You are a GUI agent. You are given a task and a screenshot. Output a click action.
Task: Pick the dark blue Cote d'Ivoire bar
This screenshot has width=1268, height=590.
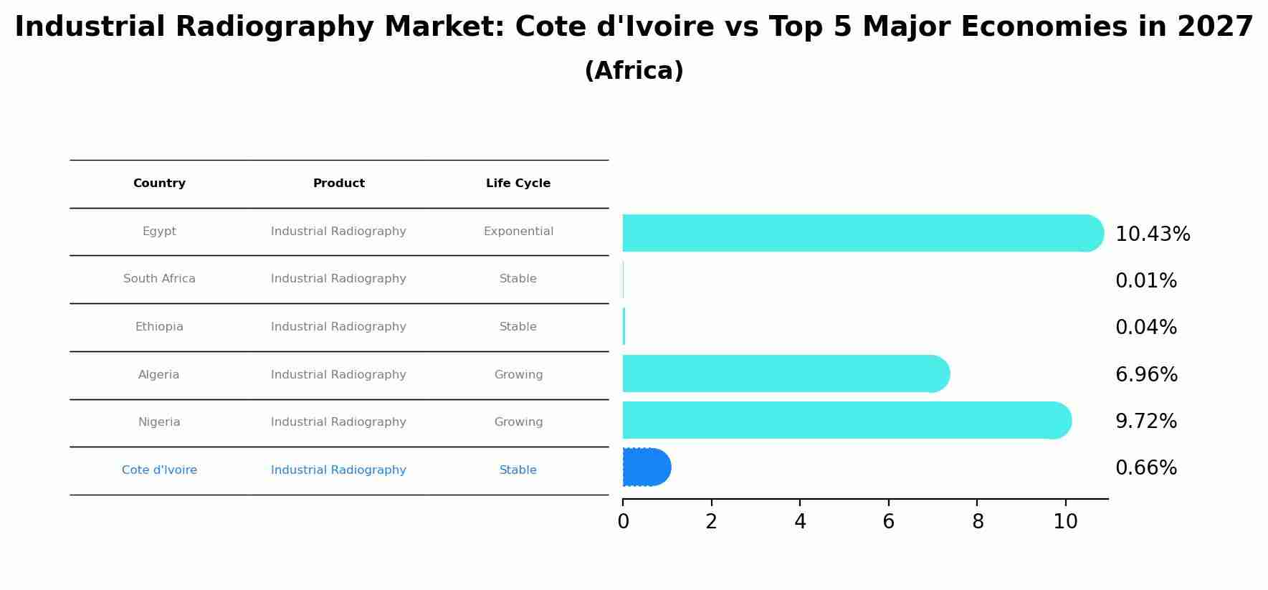click(x=646, y=467)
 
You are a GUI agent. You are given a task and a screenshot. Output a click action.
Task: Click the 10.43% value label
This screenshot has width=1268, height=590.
click(x=1152, y=234)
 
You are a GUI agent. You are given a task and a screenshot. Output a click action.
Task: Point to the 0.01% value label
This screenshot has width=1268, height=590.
click(x=1145, y=281)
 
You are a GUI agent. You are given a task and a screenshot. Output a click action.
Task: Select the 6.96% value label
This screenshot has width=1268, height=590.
click(x=1145, y=374)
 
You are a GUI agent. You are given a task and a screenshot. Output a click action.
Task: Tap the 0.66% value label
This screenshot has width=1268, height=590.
click(x=1145, y=468)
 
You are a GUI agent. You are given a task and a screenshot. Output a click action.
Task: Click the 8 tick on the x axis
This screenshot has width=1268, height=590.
click(x=977, y=522)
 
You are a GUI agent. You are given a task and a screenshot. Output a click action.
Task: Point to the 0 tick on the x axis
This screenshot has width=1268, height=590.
click(x=623, y=522)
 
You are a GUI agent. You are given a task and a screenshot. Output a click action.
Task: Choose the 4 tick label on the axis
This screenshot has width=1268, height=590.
click(x=800, y=522)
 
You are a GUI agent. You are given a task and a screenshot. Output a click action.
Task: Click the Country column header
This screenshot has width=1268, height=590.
click(x=159, y=184)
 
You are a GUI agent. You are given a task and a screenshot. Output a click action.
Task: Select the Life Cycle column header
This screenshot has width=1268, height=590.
click(x=518, y=184)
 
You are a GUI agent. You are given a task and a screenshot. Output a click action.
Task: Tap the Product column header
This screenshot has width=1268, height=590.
click(x=338, y=184)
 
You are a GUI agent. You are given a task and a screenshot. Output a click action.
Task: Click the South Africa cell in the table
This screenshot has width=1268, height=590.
click(x=159, y=279)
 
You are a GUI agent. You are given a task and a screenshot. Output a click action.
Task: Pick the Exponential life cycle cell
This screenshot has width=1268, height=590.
click(x=518, y=232)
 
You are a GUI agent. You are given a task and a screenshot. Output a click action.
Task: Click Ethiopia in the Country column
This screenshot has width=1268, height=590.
click(x=159, y=327)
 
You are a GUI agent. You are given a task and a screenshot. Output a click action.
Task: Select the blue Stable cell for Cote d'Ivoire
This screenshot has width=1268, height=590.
click(x=518, y=470)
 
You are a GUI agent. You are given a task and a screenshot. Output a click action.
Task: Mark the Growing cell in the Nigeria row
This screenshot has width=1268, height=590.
click(x=518, y=422)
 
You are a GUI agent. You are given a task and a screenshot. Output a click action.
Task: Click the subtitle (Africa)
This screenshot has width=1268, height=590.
click(x=634, y=71)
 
